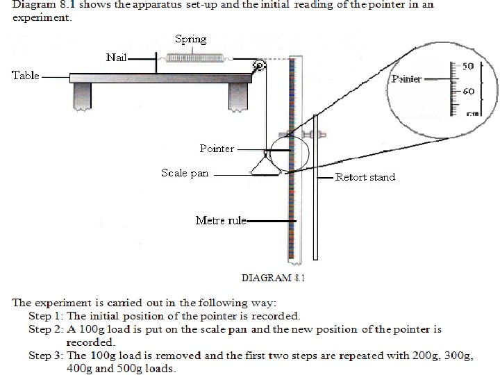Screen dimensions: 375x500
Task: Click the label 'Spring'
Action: pyautogui.click(x=190, y=39)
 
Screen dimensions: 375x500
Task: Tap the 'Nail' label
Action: pyautogui.click(x=117, y=57)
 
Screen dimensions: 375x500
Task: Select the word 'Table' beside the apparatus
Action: pyautogui.click(x=26, y=75)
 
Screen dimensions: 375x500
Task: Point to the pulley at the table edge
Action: pyautogui.click(x=258, y=67)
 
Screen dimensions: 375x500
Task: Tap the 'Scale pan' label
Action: pyautogui.click(x=185, y=173)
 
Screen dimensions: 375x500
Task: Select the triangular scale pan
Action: pyautogui.click(x=265, y=167)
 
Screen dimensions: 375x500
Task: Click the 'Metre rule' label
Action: pyautogui.click(x=220, y=221)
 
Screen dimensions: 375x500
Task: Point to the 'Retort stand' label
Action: pyautogui.click(x=365, y=177)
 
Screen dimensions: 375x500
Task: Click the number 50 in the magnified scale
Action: pyautogui.click(x=467, y=67)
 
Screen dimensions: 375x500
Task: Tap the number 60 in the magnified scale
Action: pyautogui.click(x=467, y=91)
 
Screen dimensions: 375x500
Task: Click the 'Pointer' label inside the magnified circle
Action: pyautogui.click(x=406, y=79)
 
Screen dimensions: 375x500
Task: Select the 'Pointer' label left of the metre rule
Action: pyautogui.click(x=217, y=149)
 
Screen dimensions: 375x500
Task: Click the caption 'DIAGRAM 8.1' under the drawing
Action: pyautogui.click(x=273, y=278)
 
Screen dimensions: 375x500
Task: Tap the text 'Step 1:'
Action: pyautogui.click(x=46, y=315)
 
